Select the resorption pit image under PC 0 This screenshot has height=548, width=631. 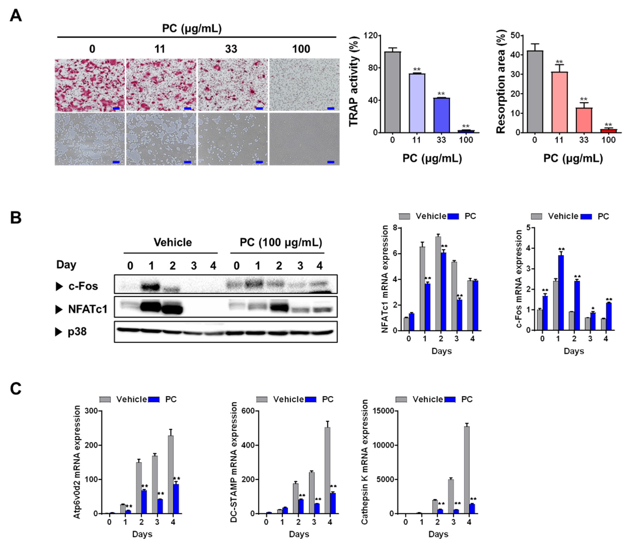pyautogui.click(x=90, y=139)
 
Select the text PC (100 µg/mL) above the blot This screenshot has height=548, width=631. pyautogui.click(x=281, y=243)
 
